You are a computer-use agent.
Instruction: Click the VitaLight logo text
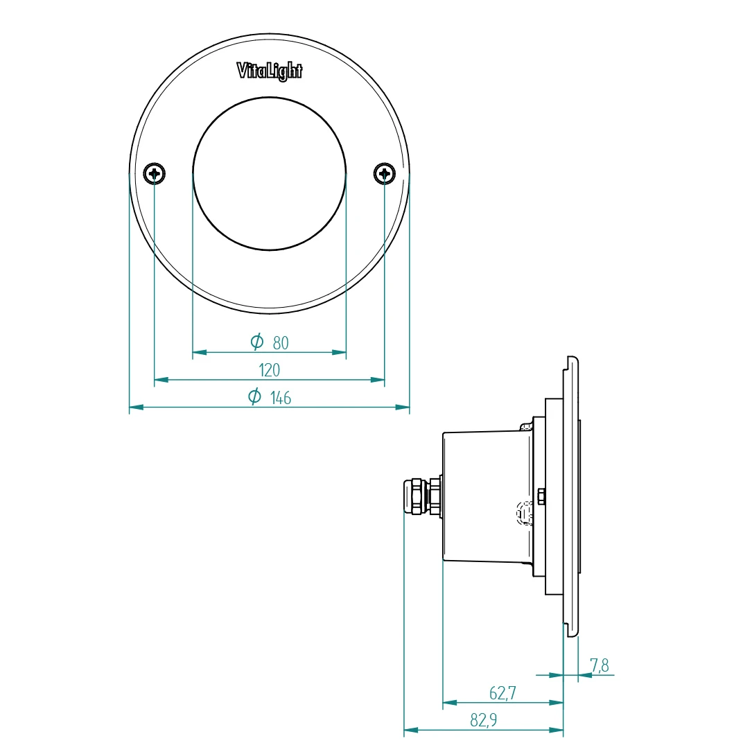tap(270, 71)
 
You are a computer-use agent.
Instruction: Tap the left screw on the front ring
tap(155, 173)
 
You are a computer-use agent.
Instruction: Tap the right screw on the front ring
tap(385, 173)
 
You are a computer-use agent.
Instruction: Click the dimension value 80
tap(280, 342)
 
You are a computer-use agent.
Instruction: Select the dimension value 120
tap(269, 370)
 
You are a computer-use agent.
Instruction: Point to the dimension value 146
tap(280, 398)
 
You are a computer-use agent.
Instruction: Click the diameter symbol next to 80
tap(257, 341)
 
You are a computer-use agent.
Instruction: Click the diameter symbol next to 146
tap(254, 396)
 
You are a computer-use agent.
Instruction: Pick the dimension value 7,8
tap(600, 666)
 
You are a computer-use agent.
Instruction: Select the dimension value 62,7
tap(502, 692)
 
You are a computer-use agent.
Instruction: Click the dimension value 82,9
tap(484, 720)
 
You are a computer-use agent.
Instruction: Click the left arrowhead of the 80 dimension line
tap(200, 352)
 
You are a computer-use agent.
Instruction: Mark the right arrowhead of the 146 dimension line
tap(402, 407)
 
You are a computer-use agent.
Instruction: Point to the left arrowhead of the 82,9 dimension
tap(412, 730)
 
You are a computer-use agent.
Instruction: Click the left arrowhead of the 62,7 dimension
tap(450, 702)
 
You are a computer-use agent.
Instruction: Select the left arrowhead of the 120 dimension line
tap(161, 379)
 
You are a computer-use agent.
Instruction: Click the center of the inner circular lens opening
tap(270, 174)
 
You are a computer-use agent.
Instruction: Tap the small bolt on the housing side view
tap(541, 496)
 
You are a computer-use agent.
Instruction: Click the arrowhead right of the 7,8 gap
tap(585, 674)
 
